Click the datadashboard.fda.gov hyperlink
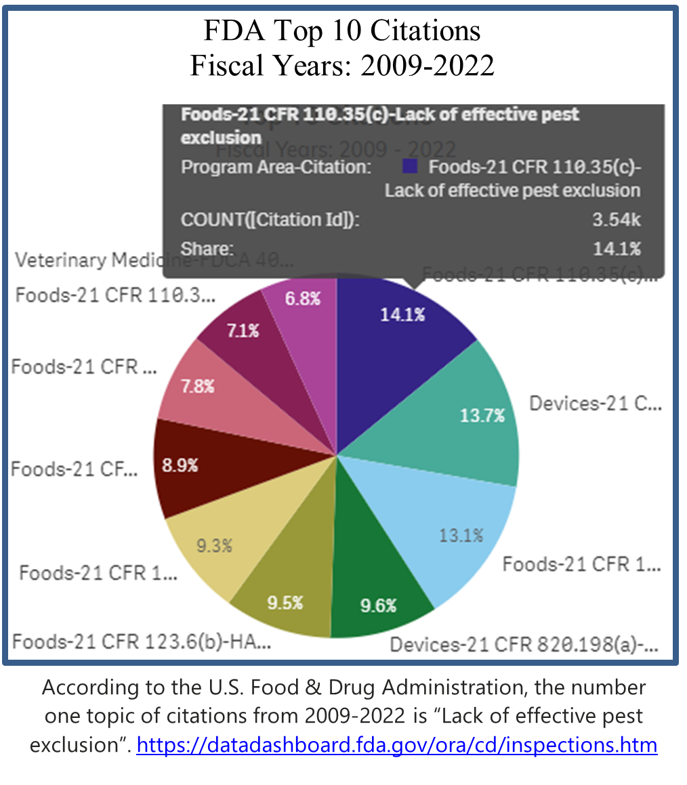click(x=397, y=745)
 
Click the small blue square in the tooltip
click(x=409, y=167)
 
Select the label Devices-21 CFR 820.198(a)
click(x=524, y=643)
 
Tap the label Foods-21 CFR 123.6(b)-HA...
click(x=142, y=641)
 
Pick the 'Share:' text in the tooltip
click(x=207, y=249)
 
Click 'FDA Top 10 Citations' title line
click(x=343, y=31)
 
